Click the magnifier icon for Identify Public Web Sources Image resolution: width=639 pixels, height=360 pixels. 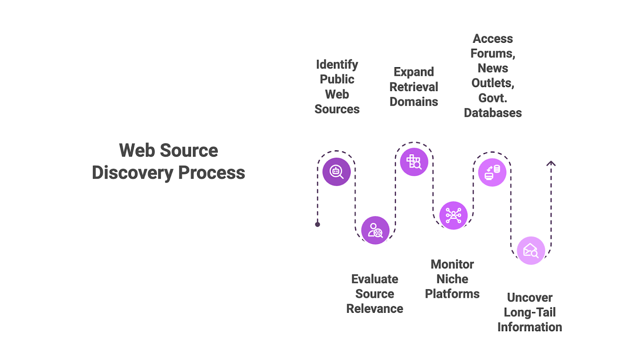point(336,172)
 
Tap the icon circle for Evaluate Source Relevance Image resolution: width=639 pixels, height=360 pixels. point(375,230)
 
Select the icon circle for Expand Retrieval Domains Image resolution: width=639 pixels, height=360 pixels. point(414,162)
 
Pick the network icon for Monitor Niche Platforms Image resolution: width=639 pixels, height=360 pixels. point(453,215)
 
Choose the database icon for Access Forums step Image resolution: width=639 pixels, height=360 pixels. point(492,172)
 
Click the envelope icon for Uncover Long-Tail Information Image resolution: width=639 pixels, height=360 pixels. point(531,251)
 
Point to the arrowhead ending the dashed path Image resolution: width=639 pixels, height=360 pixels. point(551,163)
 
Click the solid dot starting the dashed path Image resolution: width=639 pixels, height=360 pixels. point(318,225)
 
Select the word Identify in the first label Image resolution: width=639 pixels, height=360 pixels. point(337,64)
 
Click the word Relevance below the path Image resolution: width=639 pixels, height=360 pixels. point(375,308)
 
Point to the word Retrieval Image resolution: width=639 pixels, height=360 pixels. point(414,87)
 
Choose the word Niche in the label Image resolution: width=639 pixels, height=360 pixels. point(452,279)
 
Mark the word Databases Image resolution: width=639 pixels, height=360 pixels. point(493,113)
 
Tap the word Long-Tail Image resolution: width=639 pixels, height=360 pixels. point(530,312)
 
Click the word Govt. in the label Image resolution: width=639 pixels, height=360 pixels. point(493,98)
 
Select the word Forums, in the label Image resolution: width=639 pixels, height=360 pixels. point(493,53)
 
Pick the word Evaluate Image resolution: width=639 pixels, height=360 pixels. point(375,279)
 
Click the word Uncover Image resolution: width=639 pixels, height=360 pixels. point(530,297)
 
